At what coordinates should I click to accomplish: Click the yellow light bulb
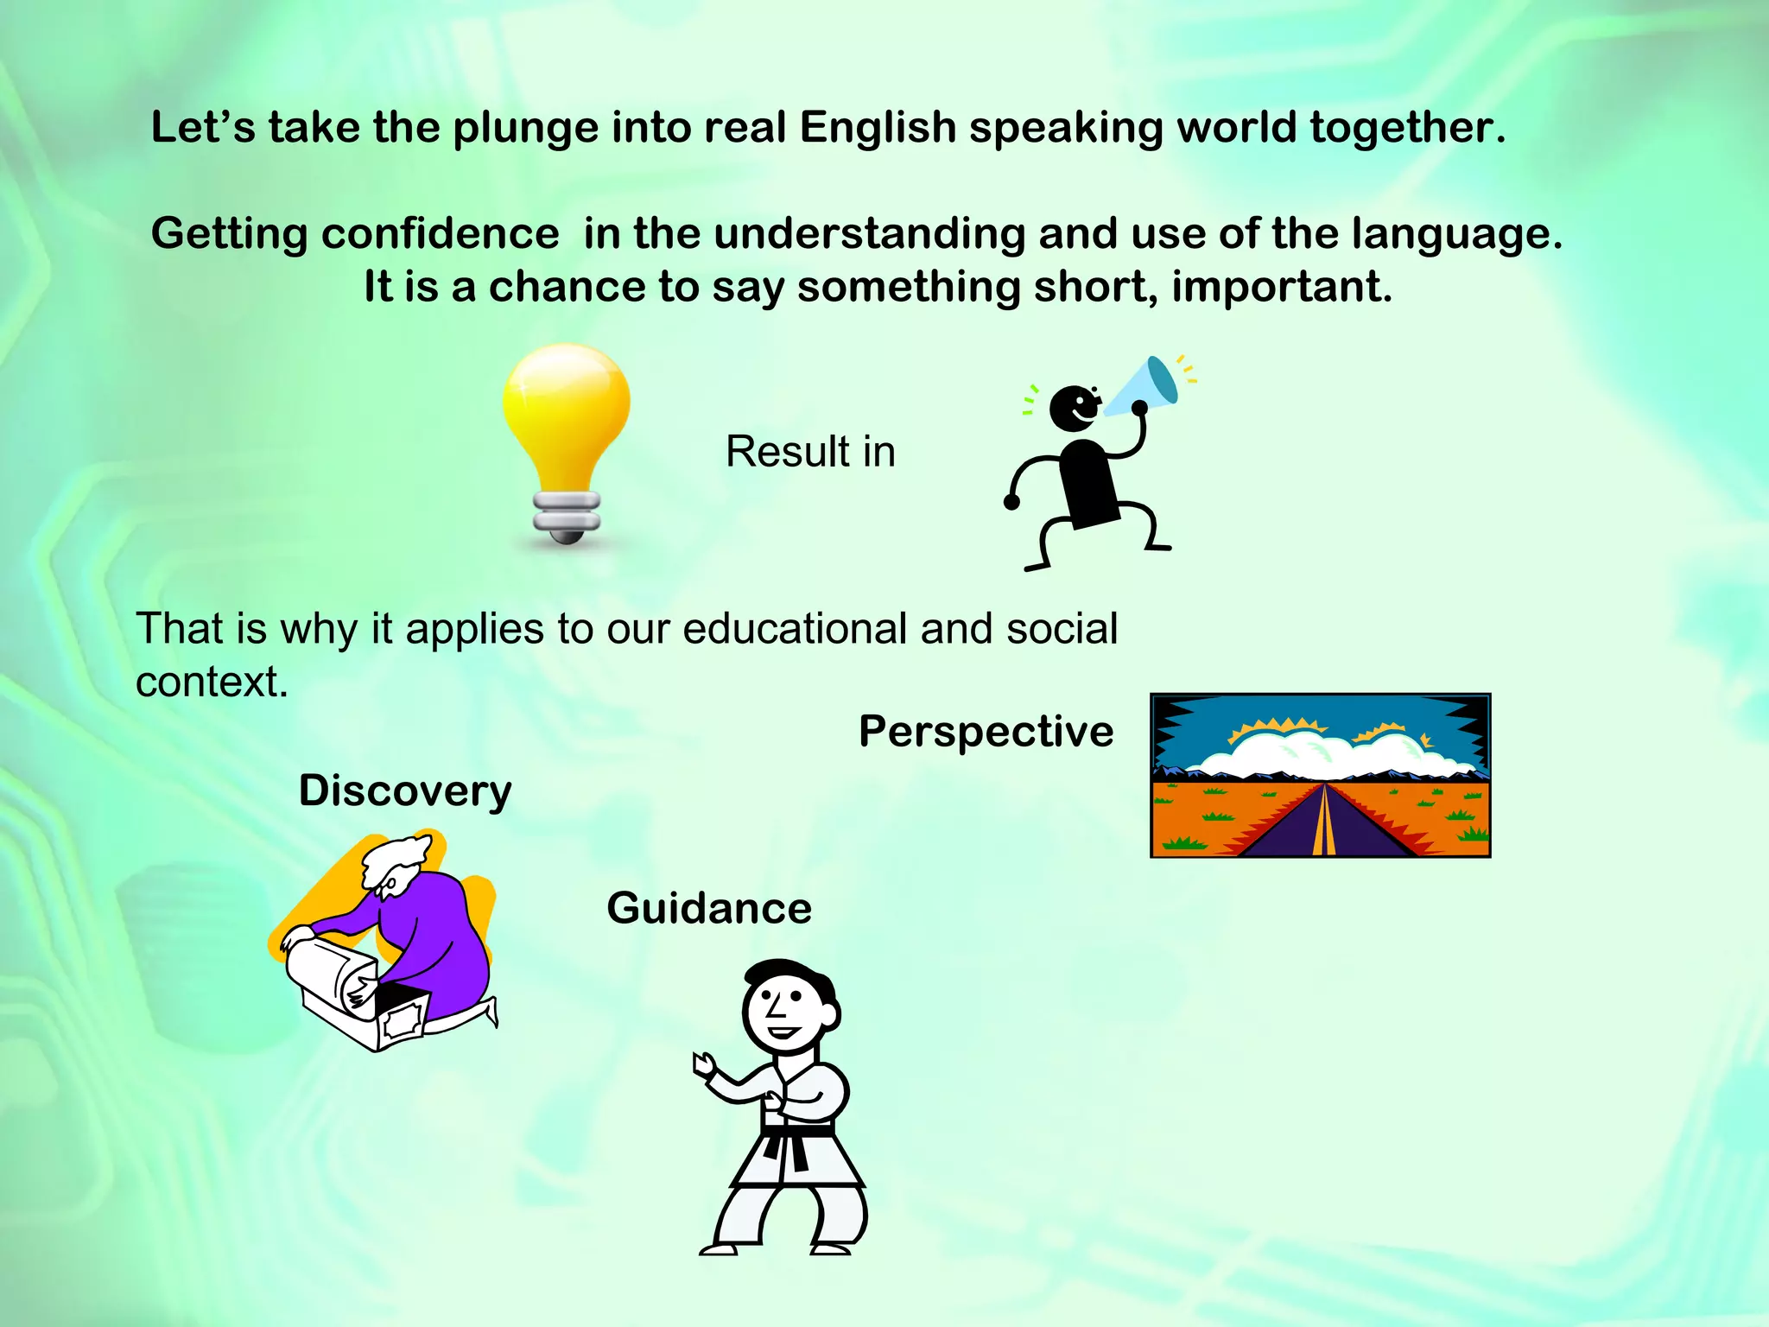(567, 415)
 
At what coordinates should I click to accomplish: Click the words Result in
(810, 452)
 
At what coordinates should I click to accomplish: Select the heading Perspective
(986, 732)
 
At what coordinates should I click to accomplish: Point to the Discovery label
(405, 790)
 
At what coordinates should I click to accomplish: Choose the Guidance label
(709, 908)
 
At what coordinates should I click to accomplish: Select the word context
(211, 683)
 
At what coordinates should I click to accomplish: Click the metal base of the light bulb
(567, 517)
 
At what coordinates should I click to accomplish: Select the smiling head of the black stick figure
(1074, 408)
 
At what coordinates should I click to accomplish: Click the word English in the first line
(878, 128)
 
